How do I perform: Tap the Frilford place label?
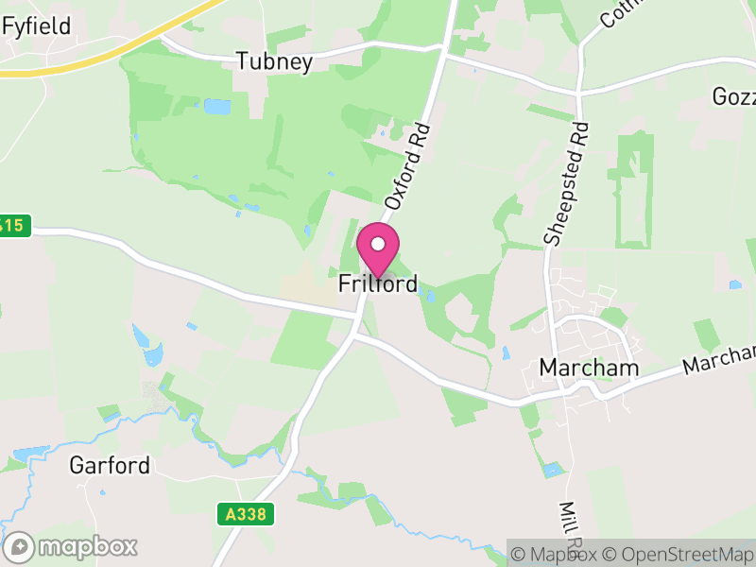coord(378,283)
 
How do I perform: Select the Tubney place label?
coord(274,62)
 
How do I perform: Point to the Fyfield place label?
coord(37,26)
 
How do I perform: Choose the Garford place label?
coord(110,465)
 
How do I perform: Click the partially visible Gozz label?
coord(734,97)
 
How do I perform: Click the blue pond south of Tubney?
coord(216,107)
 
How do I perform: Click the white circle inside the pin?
coord(378,244)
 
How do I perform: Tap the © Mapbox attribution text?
coord(553,554)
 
